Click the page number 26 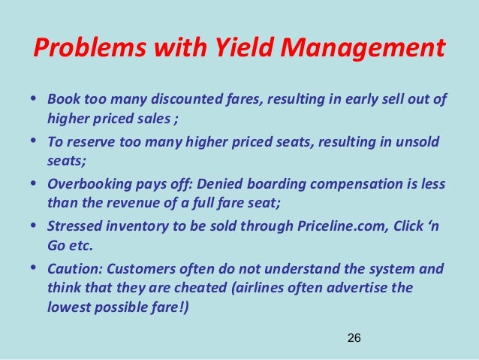[354, 340]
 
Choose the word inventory [134, 225]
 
